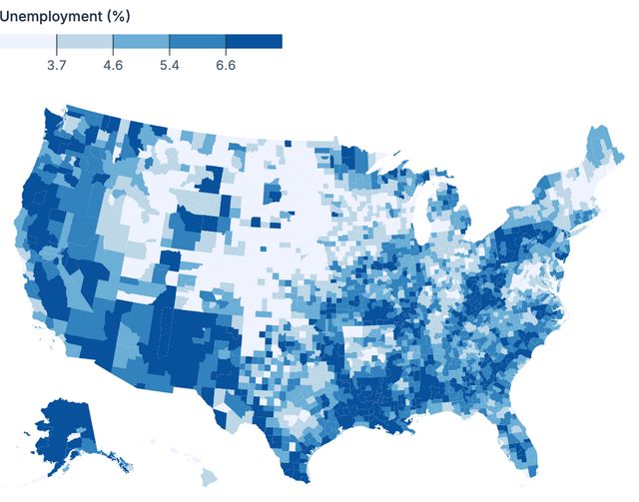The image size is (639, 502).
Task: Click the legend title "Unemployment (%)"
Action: pyautogui.click(x=65, y=17)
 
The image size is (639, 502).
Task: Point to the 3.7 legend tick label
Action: pyautogui.click(x=57, y=65)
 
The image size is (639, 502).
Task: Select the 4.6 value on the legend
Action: pyautogui.click(x=113, y=65)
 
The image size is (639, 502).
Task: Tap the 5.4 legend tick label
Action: pyautogui.click(x=169, y=65)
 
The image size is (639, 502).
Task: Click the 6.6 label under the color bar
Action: pyautogui.click(x=226, y=65)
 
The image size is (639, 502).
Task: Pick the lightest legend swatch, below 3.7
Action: pyautogui.click(x=28, y=42)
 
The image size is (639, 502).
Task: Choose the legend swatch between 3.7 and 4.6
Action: pyautogui.click(x=85, y=42)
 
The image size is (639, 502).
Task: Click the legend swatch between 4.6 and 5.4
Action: pyautogui.click(x=141, y=42)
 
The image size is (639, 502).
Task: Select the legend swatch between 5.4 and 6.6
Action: pyautogui.click(x=198, y=42)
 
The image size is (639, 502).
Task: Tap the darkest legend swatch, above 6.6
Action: pyautogui.click(x=254, y=42)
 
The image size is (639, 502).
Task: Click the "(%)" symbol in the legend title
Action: pyautogui.click(x=117, y=17)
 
